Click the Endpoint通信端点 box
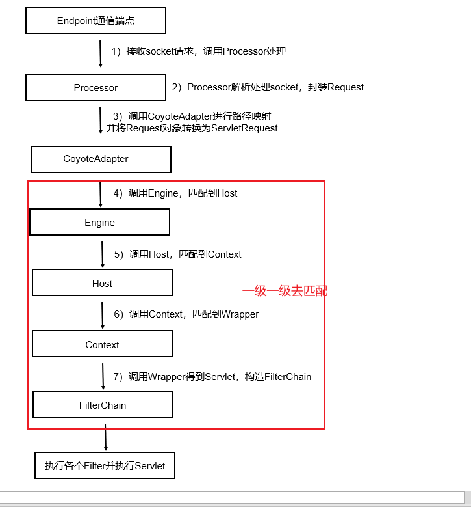tap(95, 21)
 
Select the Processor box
tap(95, 87)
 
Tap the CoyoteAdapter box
tap(101, 159)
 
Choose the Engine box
tap(99, 222)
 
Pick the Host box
tap(102, 283)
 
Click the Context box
tap(102, 344)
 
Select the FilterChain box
tap(103, 405)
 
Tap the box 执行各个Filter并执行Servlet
tap(105, 466)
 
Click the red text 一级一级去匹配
tap(285, 291)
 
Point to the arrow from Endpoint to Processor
tap(100, 53)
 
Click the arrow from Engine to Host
tap(102, 254)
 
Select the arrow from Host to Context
tap(102, 315)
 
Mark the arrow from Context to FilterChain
tap(103, 376)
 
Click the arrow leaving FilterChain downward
tap(105, 436)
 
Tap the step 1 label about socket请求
tap(199, 51)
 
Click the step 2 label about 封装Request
tap(268, 87)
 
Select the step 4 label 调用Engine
tap(175, 193)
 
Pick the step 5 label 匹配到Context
tap(178, 254)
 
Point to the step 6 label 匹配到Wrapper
tap(186, 314)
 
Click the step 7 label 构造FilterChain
tap(212, 376)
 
